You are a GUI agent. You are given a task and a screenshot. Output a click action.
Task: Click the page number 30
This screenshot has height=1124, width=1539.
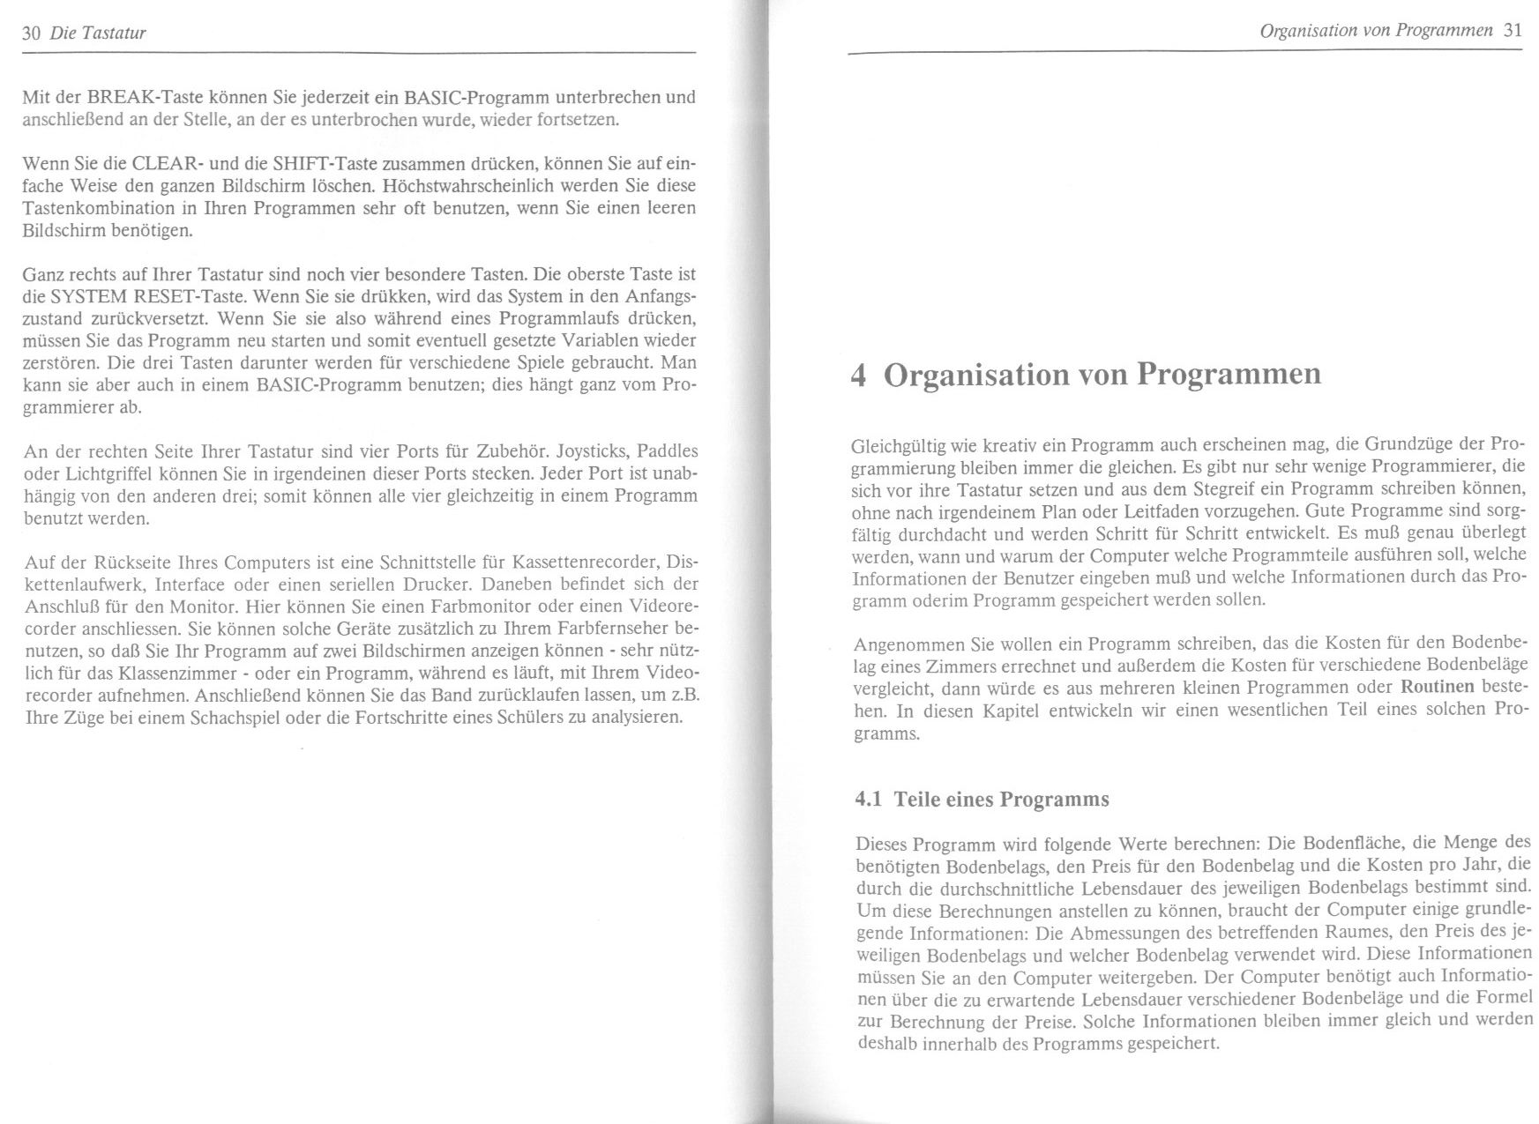coord(32,33)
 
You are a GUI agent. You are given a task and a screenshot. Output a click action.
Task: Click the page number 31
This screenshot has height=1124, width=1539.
coord(1513,30)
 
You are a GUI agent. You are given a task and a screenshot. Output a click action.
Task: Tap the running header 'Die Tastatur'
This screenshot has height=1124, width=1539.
coord(98,33)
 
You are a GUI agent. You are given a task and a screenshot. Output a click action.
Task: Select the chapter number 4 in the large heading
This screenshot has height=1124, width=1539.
coord(859,375)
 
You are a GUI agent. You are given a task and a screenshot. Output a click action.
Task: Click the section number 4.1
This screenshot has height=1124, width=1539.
coord(869,800)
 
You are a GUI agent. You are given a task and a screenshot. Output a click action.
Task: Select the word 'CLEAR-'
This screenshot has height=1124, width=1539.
coord(165,164)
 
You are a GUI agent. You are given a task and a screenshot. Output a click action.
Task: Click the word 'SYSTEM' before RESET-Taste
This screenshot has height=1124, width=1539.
coord(88,295)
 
